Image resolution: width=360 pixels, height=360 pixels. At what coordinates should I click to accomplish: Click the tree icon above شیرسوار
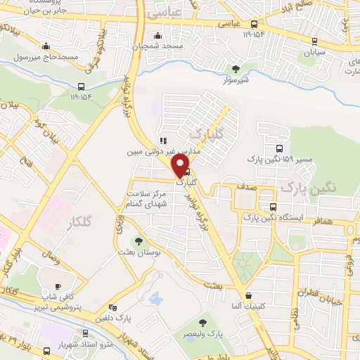click(237, 68)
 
